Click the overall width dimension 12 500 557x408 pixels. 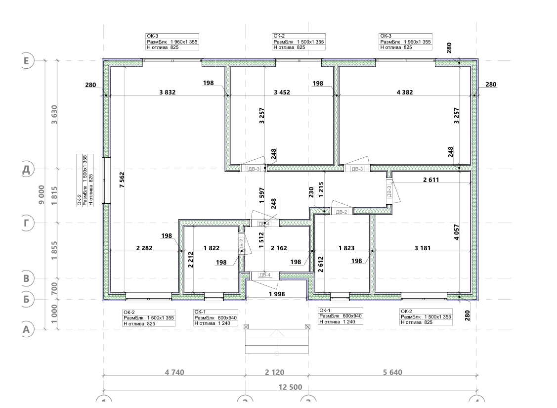click(290, 387)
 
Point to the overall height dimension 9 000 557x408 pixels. click(42, 194)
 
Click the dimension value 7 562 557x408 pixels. click(122, 180)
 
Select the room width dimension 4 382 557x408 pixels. click(405, 92)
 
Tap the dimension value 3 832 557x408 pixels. click(168, 92)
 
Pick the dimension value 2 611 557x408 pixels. click(431, 180)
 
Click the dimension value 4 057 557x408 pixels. click(457, 232)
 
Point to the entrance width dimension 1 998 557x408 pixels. click(277, 294)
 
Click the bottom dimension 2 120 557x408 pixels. click(275, 372)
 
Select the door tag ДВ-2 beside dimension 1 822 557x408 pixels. click(241, 244)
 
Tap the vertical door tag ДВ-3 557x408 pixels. click(389, 191)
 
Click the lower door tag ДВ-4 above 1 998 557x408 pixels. click(264, 275)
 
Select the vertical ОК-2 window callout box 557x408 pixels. click(85, 180)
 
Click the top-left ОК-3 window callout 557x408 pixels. click(172, 42)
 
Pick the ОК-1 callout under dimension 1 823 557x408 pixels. click(341, 316)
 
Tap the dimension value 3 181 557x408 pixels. click(423, 248)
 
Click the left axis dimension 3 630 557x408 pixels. click(54, 114)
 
